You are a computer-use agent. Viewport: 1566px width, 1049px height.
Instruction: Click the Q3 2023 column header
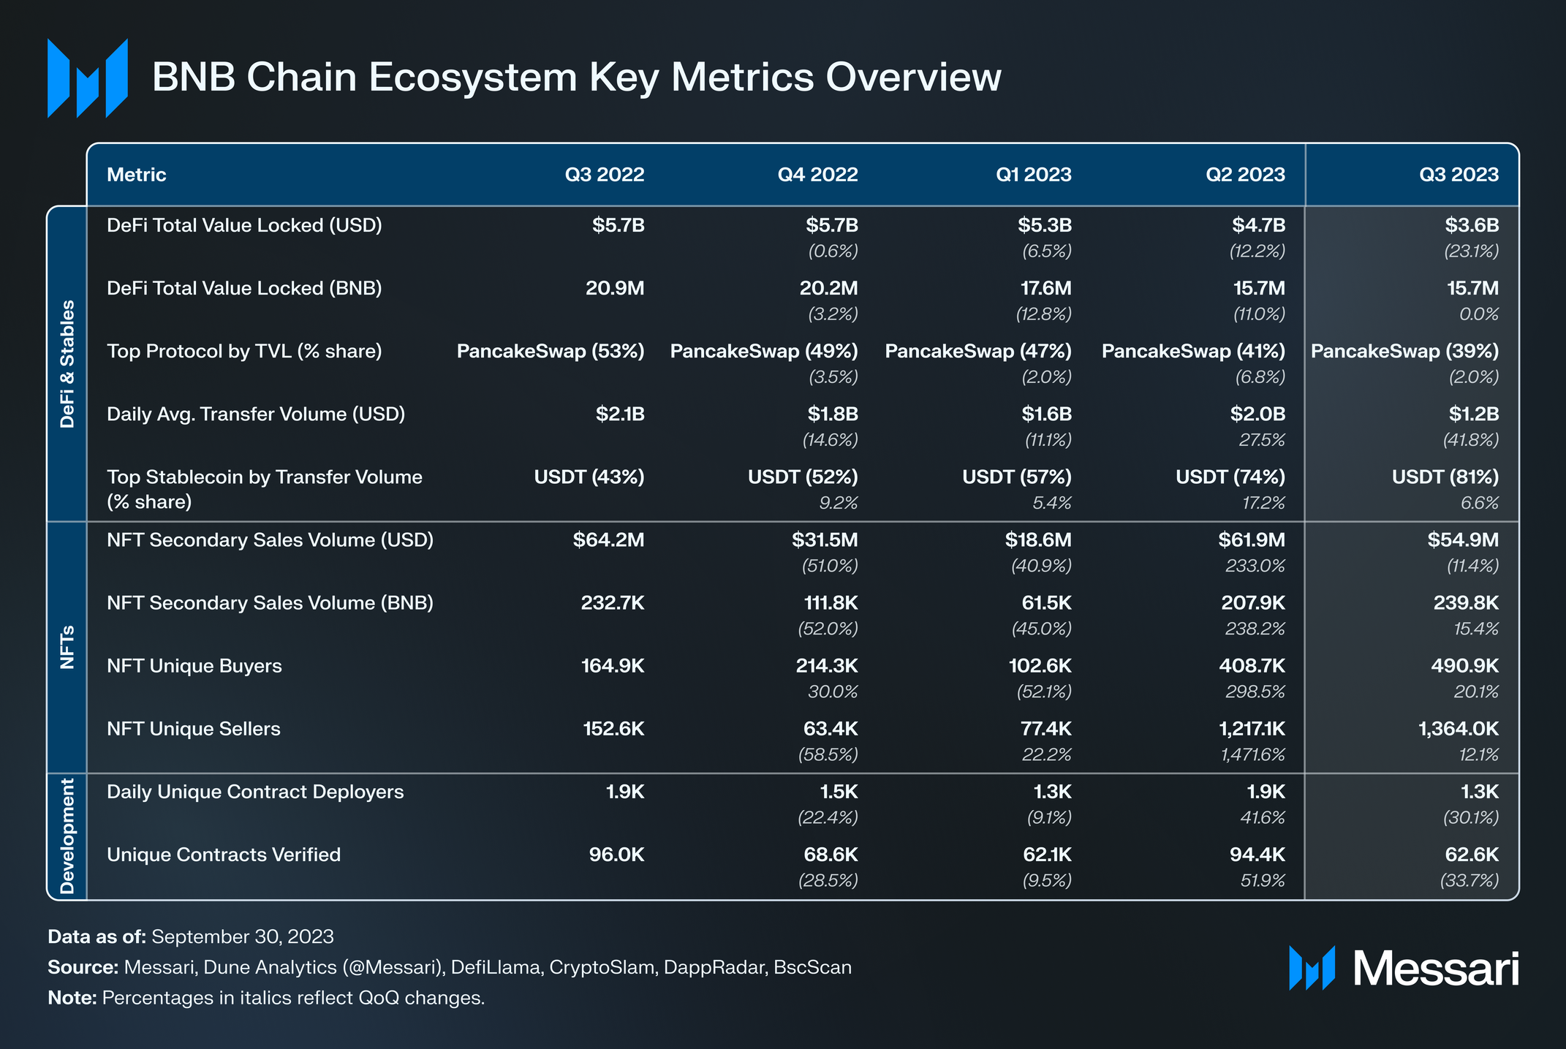tap(1459, 175)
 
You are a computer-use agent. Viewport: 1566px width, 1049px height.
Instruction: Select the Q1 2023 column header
tap(1033, 175)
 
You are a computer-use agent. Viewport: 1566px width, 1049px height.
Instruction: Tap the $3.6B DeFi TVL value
tap(1472, 225)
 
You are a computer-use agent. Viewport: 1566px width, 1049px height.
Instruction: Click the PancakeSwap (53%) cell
tap(551, 351)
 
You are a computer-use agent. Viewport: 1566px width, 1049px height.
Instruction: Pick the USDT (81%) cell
tap(1445, 477)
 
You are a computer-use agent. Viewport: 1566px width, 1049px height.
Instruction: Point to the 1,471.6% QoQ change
tap(1252, 754)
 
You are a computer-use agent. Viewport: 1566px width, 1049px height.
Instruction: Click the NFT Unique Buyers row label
tap(194, 666)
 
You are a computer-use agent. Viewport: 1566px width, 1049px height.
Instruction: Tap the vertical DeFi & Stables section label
tap(67, 363)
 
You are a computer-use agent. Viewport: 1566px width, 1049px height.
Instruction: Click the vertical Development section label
tap(67, 836)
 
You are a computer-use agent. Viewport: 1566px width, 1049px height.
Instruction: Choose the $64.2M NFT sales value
tap(608, 540)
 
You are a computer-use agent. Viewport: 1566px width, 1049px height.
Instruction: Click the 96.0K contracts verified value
tap(616, 855)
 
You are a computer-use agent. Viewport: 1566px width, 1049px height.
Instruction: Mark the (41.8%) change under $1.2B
tap(1470, 440)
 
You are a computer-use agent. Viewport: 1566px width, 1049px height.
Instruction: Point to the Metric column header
tap(136, 175)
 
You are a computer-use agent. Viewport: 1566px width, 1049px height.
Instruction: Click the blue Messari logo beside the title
tap(88, 78)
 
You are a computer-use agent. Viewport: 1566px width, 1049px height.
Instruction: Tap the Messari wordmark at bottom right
tap(1435, 969)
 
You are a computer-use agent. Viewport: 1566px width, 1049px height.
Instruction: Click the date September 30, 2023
tap(242, 937)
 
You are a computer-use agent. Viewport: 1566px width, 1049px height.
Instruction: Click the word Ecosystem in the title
tap(472, 77)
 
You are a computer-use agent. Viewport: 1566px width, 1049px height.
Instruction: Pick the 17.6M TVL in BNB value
tap(1045, 288)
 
